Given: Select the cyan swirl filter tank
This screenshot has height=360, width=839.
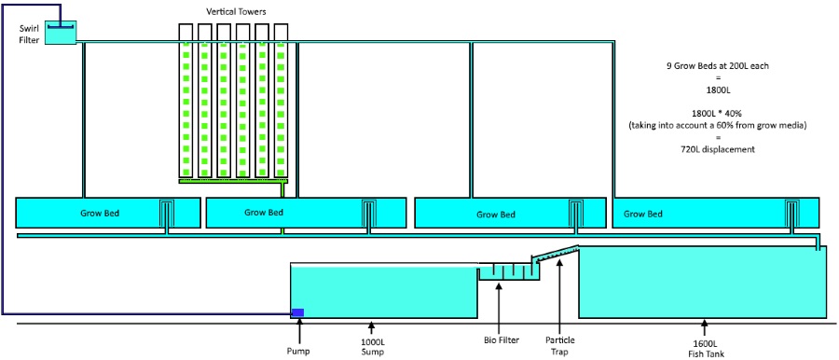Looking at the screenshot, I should click(x=61, y=33).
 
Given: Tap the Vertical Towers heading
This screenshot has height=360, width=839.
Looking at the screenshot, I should click(x=235, y=10).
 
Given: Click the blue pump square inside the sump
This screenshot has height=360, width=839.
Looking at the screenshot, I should click(x=297, y=312).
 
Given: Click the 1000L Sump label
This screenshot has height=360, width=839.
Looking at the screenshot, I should click(x=372, y=347).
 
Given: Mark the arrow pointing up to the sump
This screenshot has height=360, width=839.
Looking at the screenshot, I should click(x=372, y=327).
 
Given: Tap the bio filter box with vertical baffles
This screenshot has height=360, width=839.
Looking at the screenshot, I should click(x=508, y=271).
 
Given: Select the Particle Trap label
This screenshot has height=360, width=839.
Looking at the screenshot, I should click(x=559, y=346).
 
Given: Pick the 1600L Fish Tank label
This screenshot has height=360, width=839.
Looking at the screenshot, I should click(x=705, y=347).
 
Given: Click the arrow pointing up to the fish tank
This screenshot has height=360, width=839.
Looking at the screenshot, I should click(x=705, y=327).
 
